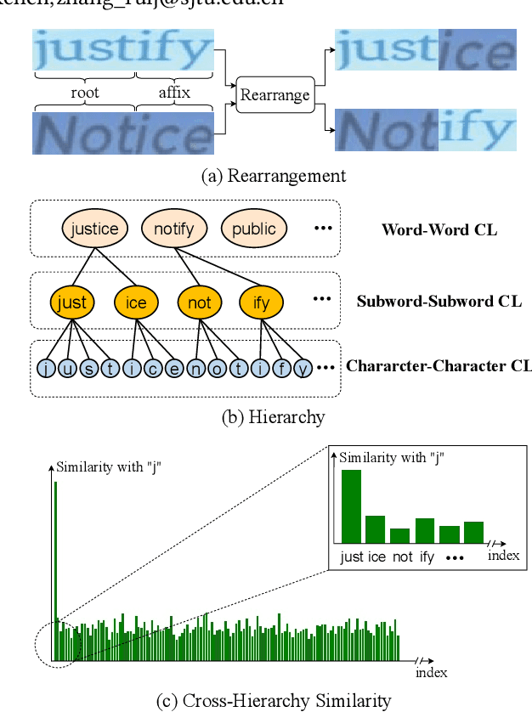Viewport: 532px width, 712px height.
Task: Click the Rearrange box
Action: pyautogui.click(x=274, y=95)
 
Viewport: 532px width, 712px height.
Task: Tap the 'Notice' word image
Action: pyautogui.click(x=123, y=134)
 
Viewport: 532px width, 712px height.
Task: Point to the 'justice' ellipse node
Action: pyautogui.click(x=94, y=229)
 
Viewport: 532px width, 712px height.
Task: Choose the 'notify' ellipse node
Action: pyautogui.click(x=174, y=229)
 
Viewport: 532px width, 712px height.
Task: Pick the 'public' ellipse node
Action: pyautogui.click(x=253, y=229)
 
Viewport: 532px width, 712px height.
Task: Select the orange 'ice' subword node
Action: pyautogui.click(x=136, y=302)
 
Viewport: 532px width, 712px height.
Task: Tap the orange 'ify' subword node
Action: pyautogui.click(x=261, y=302)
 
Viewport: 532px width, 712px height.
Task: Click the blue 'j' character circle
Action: pyautogui.click(x=46, y=369)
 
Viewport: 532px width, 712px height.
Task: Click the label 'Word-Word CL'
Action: pyautogui.click(x=439, y=229)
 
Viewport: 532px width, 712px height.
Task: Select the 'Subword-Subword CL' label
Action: pyautogui.click(x=438, y=302)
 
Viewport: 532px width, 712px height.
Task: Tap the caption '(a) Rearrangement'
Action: pyautogui.click(x=273, y=176)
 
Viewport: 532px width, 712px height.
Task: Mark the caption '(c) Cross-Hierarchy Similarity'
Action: pyautogui.click(x=273, y=701)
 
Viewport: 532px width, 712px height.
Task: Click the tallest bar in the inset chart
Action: pyautogui.click(x=350, y=506)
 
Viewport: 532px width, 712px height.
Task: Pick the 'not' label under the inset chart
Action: pyautogui.click(x=399, y=557)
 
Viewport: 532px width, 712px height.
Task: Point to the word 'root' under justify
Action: pyautogui.click(x=85, y=92)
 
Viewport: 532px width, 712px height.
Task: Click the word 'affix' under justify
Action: pyautogui.click(x=174, y=92)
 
